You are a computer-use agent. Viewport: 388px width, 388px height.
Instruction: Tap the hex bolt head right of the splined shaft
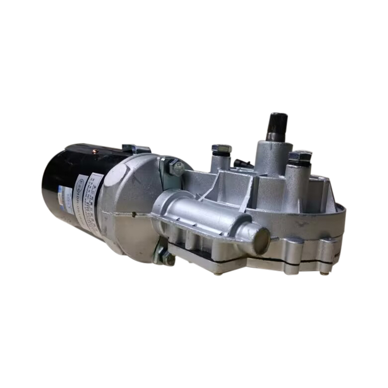300,157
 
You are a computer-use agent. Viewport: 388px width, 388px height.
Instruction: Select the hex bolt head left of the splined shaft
221,148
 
